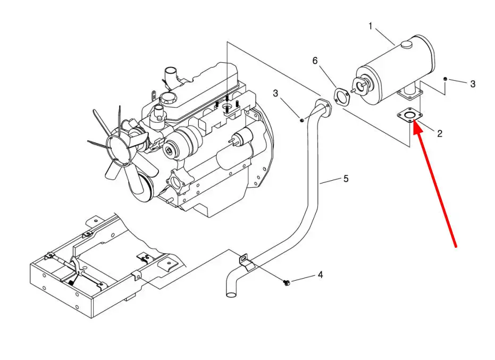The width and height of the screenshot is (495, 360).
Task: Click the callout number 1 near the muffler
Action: coord(371,26)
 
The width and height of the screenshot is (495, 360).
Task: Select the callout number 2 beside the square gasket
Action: coord(440,133)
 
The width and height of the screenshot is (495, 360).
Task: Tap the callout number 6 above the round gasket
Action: coord(315,61)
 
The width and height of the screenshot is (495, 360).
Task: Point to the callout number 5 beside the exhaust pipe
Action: coord(346,179)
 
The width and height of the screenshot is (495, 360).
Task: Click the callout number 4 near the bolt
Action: coord(321,275)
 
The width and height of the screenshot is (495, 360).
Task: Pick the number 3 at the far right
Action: coord(473,83)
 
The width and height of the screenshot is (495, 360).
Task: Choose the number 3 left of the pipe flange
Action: coord(275,93)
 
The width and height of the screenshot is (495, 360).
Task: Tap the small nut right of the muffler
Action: coord(445,78)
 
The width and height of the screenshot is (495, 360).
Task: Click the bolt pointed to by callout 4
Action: coord(287,282)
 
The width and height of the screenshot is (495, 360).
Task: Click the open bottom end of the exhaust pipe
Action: coord(231,295)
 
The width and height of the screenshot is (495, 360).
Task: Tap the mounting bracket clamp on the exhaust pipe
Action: coord(246,262)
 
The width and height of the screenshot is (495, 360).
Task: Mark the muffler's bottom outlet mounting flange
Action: coord(410,94)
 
